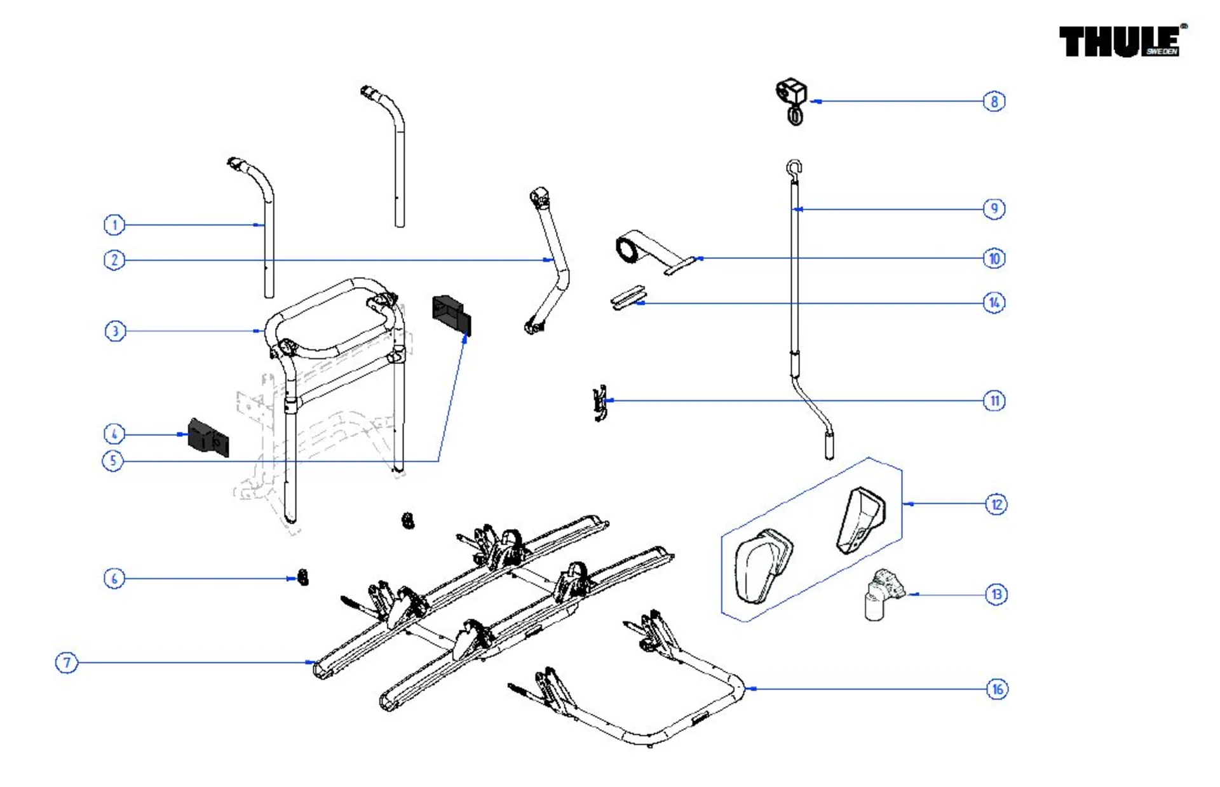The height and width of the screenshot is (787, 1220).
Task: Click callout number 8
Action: pos(994,101)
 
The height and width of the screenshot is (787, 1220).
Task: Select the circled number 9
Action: pos(994,208)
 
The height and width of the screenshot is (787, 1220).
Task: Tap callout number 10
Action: pos(994,258)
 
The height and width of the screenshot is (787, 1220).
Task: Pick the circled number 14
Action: pos(994,302)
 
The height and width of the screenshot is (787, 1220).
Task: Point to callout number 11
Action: pos(994,401)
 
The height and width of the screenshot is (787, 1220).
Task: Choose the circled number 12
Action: pos(996,504)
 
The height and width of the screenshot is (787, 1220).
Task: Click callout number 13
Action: pos(996,595)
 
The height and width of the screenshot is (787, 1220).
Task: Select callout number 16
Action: pos(997,689)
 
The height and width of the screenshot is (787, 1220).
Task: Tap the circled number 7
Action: pos(67,663)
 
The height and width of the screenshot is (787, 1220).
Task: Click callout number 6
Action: pos(114,578)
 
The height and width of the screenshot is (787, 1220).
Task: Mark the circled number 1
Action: pos(114,224)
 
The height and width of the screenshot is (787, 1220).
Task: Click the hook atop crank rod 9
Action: pos(794,168)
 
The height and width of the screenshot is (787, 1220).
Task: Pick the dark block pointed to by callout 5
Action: pos(451,314)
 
